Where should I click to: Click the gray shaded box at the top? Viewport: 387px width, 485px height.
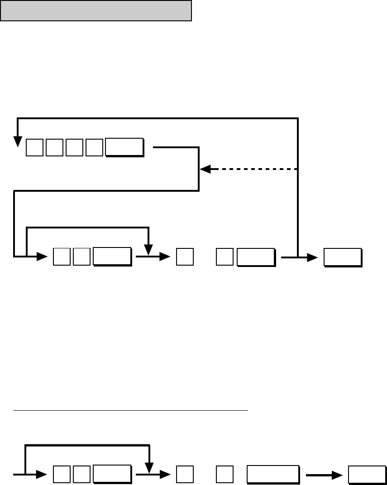96,10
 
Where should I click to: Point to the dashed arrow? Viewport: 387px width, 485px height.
249,169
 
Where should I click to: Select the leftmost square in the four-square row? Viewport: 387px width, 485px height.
34,148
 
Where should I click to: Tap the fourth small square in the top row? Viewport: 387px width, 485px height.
94,148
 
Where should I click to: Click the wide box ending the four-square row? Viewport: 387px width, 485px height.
124,148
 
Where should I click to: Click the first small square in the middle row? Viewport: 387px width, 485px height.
62,257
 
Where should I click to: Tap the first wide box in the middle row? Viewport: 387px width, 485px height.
112,257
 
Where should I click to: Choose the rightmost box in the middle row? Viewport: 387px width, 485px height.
343,257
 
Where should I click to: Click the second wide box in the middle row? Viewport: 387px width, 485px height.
256,257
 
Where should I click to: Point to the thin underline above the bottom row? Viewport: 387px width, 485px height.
131,410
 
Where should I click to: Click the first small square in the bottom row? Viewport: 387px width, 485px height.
62,475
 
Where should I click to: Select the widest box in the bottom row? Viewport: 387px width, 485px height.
272,475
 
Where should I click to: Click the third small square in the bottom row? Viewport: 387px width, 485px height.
185,475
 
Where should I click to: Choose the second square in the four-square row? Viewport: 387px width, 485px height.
54,148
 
